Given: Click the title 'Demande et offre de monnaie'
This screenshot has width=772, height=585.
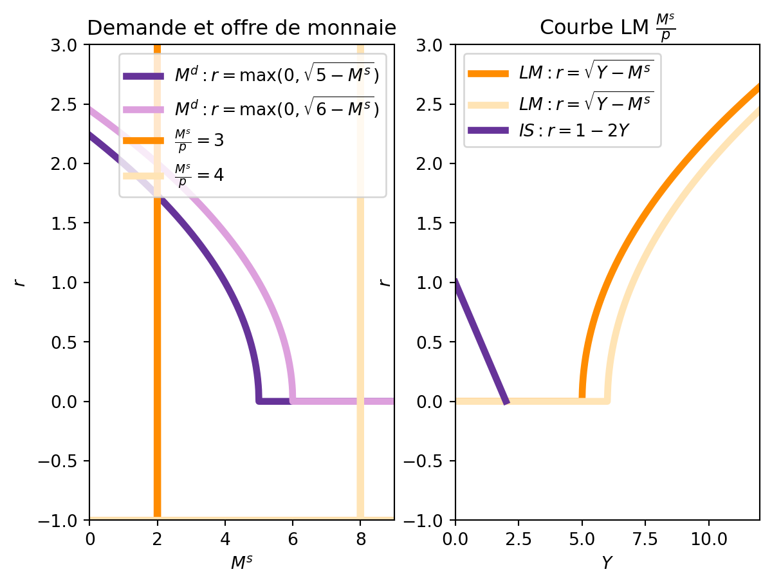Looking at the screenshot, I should (x=241, y=28).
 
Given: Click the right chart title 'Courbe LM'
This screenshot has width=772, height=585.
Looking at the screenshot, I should (x=607, y=28).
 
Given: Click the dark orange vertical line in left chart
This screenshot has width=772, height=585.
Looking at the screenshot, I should (x=157, y=322).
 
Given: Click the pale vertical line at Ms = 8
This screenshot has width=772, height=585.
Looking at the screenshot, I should (x=360, y=322).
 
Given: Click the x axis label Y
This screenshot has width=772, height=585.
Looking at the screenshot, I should (x=607, y=562).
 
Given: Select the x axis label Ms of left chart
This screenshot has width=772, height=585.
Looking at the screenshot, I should (x=241, y=562).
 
